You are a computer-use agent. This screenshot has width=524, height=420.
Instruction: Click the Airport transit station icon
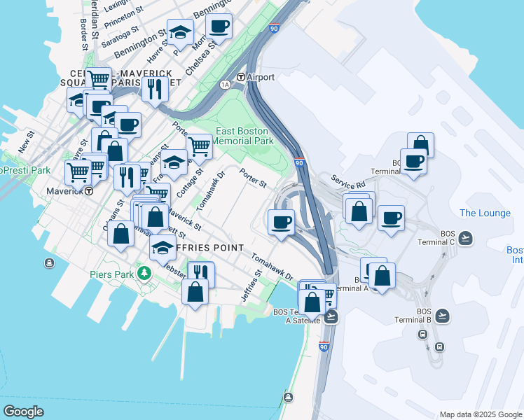[x=241, y=77]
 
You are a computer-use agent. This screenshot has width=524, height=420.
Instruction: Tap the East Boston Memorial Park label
[x=243, y=136]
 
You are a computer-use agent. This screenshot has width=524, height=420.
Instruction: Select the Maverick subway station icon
[x=89, y=190]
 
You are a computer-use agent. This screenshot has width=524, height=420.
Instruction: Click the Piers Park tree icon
[x=144, y=272]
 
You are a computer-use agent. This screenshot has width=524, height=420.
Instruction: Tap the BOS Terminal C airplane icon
[x=466, y=239]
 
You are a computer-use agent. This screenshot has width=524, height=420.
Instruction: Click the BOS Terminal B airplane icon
[x=442, y=316]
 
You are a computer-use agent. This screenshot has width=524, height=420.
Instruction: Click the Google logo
[x=23, y=412]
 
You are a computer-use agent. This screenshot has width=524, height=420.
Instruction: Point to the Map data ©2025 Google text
[x=480, y=414]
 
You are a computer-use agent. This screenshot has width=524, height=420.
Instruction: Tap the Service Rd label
[x=349, y=181]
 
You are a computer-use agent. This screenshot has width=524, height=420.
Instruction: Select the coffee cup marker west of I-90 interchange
[x=282, y=222]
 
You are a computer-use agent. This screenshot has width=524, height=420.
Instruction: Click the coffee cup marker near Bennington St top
[x=219, y=27]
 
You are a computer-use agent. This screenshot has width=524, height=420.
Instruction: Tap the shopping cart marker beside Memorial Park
[x=199, y=146]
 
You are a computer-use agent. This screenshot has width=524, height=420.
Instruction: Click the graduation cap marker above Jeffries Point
[x=163, y=246]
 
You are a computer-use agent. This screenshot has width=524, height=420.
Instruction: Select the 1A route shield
[x=225, y=85]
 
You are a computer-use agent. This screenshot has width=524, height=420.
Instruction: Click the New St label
[x=26, y=143]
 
